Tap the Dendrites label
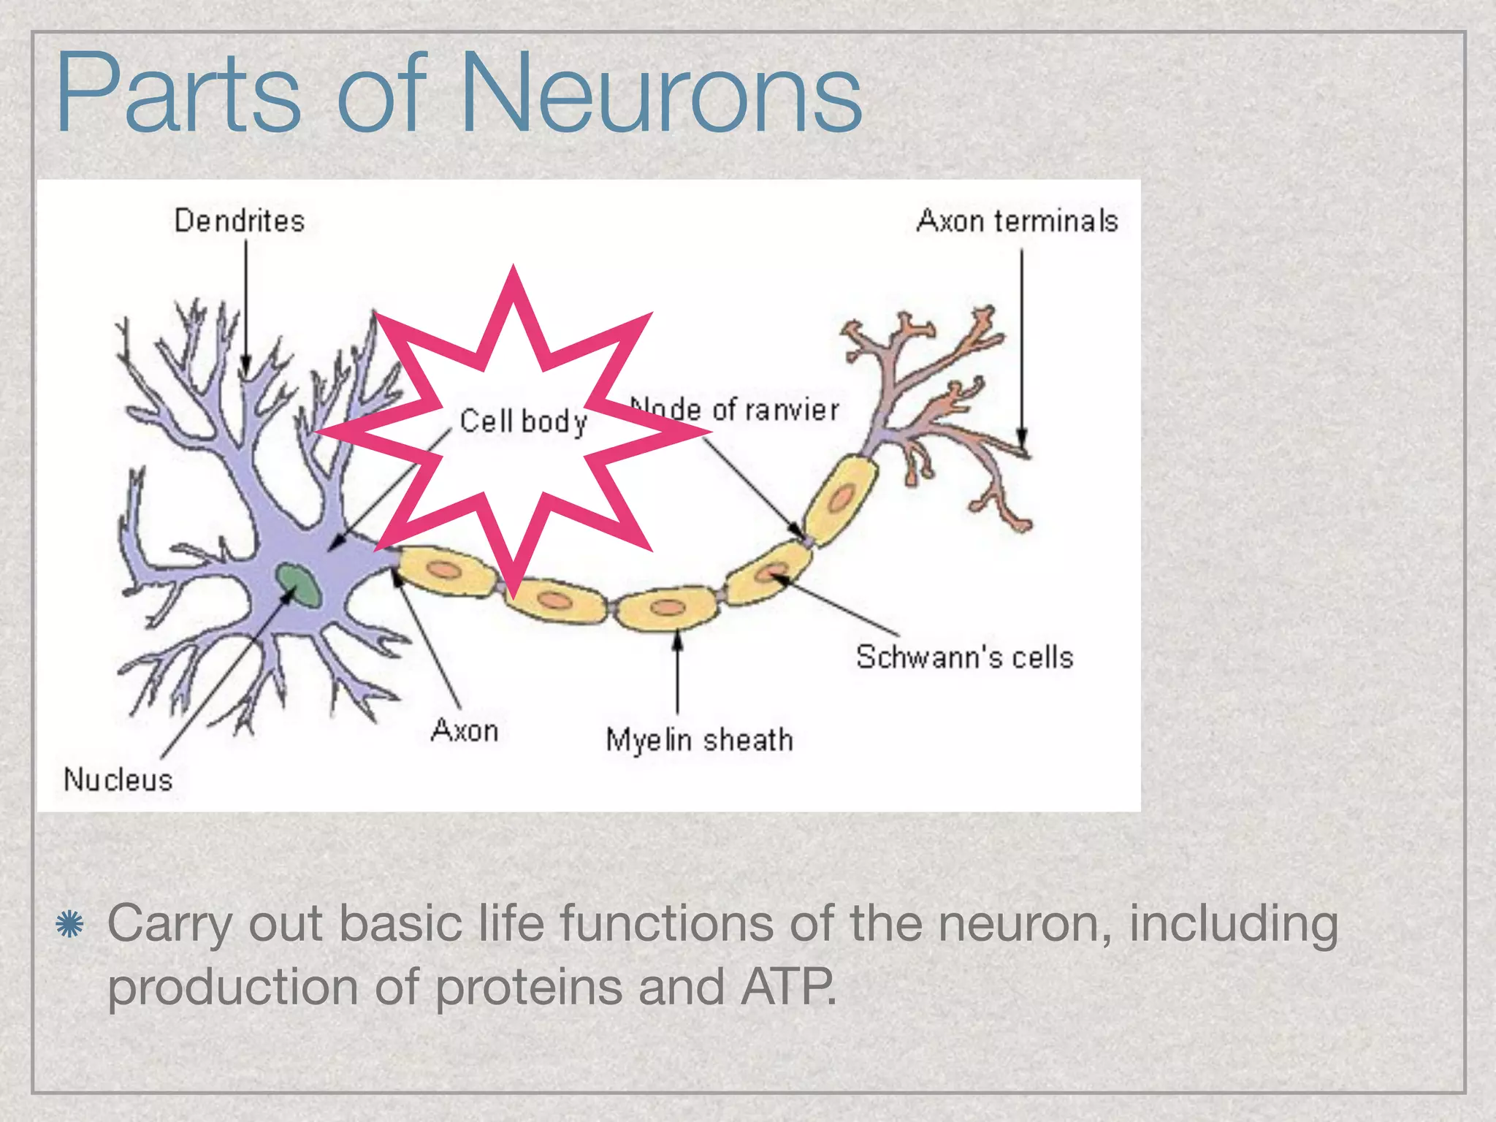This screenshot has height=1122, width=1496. click(239, 221)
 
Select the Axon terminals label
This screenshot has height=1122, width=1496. click(1017, 221)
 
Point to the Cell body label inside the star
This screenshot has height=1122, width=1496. click(524, 421)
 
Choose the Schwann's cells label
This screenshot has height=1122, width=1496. click(964, 657)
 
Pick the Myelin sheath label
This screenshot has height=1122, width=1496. click(699, 739)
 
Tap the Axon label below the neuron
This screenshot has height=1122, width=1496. click(465, 730)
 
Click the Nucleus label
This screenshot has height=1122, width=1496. click(118, 779)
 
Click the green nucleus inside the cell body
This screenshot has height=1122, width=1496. click(299, 584)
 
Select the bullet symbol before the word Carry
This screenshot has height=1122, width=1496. click(70, 925)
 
